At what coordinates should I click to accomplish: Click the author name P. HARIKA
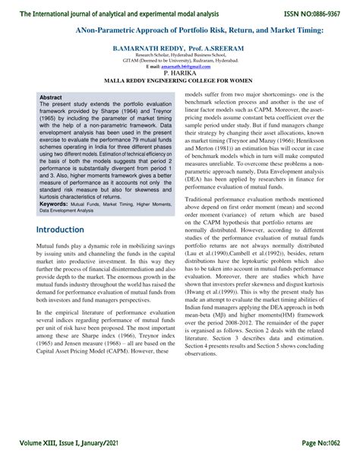tap(180, 74)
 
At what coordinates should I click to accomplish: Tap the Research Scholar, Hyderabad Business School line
tap(180, 55)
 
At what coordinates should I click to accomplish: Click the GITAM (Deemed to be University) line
tap(180, 61)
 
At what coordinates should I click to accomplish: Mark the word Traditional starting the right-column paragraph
tap(202, 198)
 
